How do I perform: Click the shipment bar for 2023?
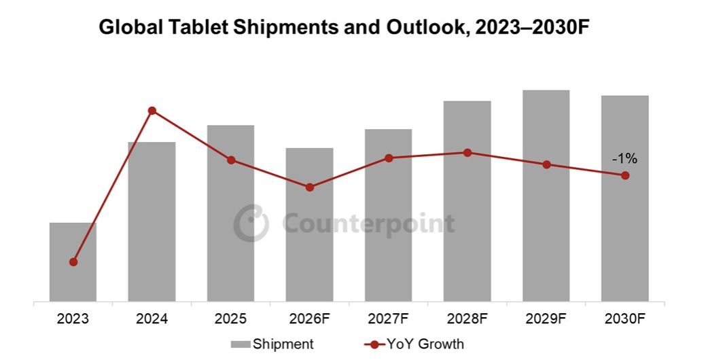(73, 262)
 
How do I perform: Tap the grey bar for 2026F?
(309, 225)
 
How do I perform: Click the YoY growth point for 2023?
(73, 262)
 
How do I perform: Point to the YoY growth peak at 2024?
(152, 111)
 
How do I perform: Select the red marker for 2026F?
(310, 187)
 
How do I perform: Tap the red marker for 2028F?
(467, 153)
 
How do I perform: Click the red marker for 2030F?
(625, 176)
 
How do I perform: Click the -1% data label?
(624, 159)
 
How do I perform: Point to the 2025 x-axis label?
(231, 318)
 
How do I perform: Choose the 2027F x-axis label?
(389, 318)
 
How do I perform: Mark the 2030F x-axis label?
(625, 318)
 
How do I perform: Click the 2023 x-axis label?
(73, 318)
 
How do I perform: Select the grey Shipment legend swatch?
(241, 344)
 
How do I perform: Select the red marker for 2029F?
(546, 164)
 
